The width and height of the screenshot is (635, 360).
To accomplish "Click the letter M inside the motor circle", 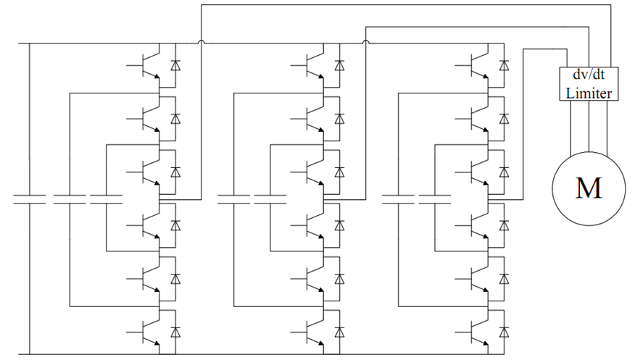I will pos(588,188).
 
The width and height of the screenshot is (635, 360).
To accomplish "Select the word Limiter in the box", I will pos(589,93).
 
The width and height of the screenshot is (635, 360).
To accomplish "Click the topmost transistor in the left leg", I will pos(151,64).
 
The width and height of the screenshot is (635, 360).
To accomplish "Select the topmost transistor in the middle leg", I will pos(315,64).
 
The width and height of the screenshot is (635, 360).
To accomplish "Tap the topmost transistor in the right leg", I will pos(479,64).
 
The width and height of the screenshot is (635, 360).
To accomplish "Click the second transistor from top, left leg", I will pos(151,117).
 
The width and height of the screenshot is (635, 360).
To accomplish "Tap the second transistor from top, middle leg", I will pos(315,117).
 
